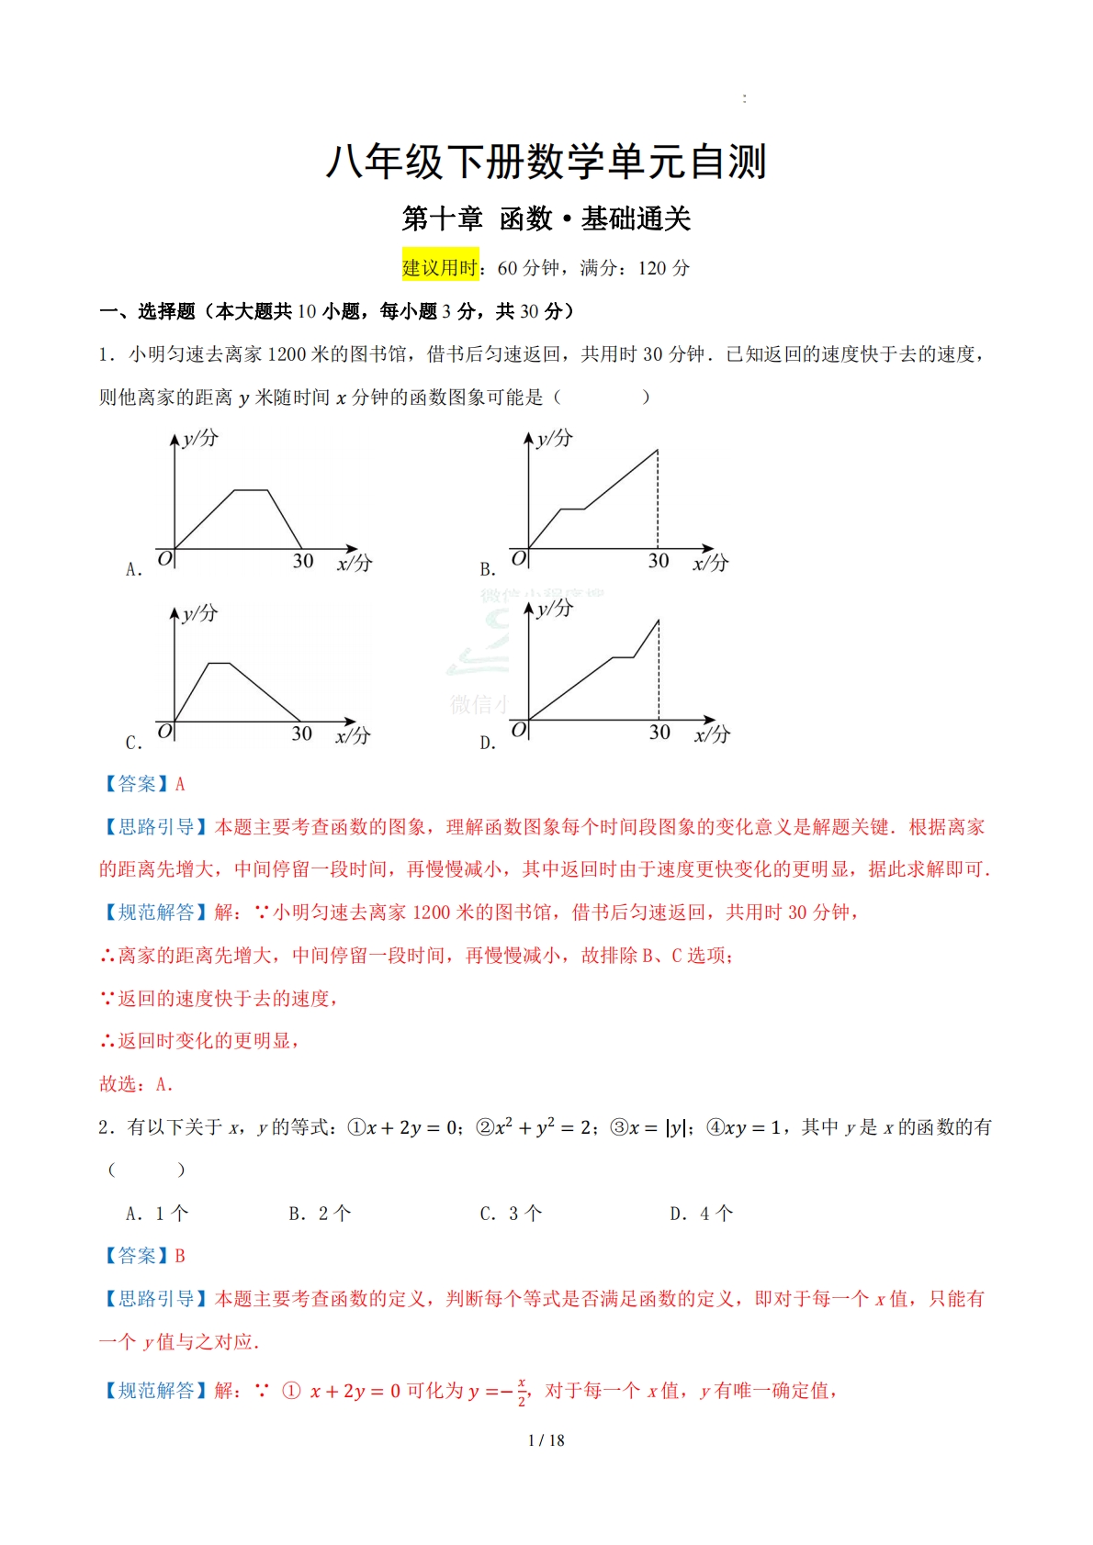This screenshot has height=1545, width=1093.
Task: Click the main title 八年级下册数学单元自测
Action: coord(546,162)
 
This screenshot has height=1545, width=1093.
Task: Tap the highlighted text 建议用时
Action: coord(440,268)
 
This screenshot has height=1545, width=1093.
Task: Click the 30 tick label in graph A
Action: coord(303,561)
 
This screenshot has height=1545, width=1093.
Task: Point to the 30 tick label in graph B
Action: coord(659,561)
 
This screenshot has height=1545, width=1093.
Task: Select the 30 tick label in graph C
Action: coord(302,733)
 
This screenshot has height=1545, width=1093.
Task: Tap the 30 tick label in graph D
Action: coord(659,733)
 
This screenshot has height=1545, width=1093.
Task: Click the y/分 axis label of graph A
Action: coord(200,438)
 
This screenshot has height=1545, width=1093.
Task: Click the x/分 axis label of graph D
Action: coord(712,734)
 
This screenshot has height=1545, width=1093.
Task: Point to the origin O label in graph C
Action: coord(164,732)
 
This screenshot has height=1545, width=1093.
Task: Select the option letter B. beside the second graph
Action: coord(488,569)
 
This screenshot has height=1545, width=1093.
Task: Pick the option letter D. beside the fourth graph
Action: coord(488,743)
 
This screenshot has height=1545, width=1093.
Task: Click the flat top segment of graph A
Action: coord(251,490)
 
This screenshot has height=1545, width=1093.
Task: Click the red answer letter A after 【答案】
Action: coord(180,784)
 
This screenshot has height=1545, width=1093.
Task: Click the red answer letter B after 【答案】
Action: coord(180,1256)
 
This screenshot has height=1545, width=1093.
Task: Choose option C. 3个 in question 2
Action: coord(511,1214)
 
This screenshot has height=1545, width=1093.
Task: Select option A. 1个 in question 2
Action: coord(157,1214)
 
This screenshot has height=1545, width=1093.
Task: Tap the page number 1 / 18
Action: coord(546,1440)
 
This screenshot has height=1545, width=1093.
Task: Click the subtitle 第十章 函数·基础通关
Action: coord(546,219)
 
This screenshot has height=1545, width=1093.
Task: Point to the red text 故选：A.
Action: coord(136,1084)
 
